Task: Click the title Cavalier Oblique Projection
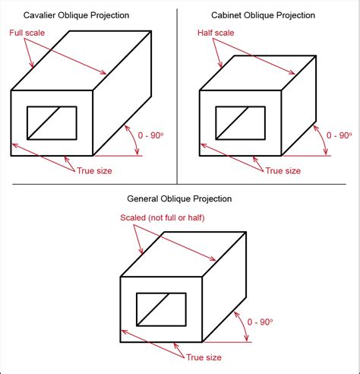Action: pyautogui.click(x=76, y=15)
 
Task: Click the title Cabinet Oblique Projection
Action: pyautogui.click(x=263, y=15)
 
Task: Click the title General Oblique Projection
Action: pyautogui.click(x=179, y=198)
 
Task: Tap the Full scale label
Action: pyautogui.click(x=27, y=33)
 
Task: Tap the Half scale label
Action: pyautogui.click(x=216, y=33)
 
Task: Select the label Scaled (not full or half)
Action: pyautogui.click(x=163, y=217)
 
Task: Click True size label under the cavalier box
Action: pyautogui.click(x=94, y=171)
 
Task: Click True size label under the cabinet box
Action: pyautogui.click(x=283, y=171)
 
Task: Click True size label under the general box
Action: pyautogui.click(x=204, y=357)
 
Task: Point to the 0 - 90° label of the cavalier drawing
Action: pyautogui.click(x=150, y=135)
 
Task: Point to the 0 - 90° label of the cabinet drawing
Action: pyautogui.click(x=339, y=135)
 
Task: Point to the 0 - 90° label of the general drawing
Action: pyautogui.click(x=260, y=322)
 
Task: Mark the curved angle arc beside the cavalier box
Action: pyautogui.click(x=134, y=139)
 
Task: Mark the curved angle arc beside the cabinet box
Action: pyautogui.click(x=323, y=138)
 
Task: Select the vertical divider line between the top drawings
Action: pyautogui.click(x=177, y=97)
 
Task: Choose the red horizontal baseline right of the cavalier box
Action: pyautogui.click(x=118, y=156)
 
